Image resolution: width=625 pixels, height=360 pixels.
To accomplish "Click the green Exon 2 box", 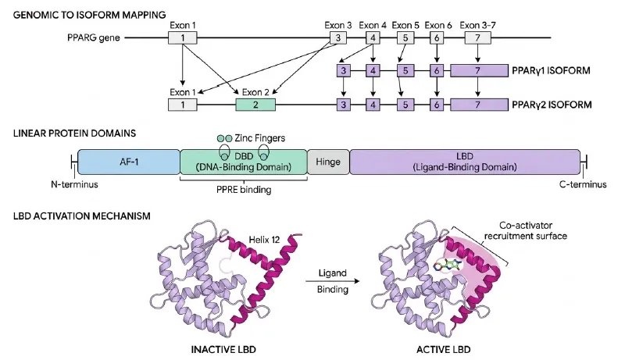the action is point(255,105).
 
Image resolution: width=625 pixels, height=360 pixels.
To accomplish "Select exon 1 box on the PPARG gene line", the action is point(183,37).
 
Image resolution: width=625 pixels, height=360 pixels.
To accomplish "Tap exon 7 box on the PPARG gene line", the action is point(477,37).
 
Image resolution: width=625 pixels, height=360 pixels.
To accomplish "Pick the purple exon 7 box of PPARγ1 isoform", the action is point(479,71).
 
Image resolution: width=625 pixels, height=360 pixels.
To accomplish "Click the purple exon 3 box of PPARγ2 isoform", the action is point(343,105).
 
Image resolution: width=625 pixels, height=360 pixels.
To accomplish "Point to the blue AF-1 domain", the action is point(129,162).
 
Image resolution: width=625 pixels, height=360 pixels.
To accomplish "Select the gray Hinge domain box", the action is point(328,162).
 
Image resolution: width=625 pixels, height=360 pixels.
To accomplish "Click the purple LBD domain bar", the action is point(465,162).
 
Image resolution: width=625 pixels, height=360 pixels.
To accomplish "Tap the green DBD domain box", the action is point(244,162).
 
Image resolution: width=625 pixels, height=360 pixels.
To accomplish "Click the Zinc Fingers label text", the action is point(260,138).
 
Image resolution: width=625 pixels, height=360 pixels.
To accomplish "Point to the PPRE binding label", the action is point(244,190).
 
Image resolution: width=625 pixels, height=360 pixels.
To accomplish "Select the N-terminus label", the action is point(74,184).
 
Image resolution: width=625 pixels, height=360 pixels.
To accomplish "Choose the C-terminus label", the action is point(583,184).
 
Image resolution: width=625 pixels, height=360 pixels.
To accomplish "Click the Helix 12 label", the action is point(264,240).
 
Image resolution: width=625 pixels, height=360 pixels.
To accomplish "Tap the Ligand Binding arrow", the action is point(333,281).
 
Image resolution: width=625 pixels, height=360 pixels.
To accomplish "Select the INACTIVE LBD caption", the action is point(223,350).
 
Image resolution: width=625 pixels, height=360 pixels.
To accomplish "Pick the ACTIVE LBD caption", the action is point(444,350).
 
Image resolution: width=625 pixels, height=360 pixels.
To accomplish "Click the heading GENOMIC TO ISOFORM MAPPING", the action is point(89,15).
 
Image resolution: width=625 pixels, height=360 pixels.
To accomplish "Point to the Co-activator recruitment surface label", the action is point(526,230).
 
